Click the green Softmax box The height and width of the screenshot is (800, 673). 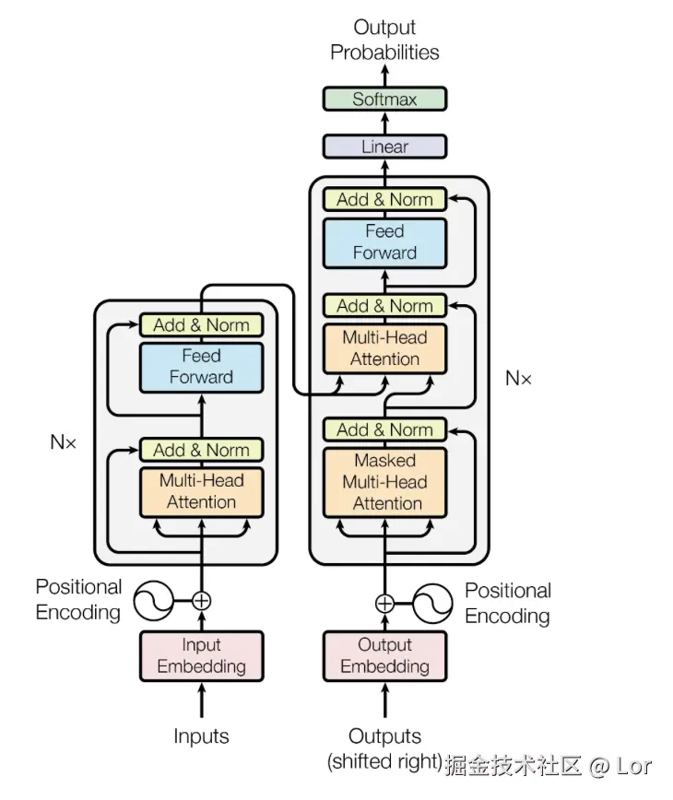click(384, 99)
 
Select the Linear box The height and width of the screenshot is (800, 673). click(384, 147)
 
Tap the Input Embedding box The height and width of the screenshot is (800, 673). click(202, 656)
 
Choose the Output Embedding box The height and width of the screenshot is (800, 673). click(384, 656)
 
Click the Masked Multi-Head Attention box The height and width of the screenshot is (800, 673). click(384, 483)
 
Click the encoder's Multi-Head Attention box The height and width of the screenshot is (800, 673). click(202, 492)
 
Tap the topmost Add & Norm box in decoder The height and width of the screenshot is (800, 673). click(384, 199)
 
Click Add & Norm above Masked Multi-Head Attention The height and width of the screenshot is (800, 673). click(384, 429)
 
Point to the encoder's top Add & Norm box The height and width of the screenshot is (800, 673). click(202, 325)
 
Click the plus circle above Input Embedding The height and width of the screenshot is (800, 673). click(202, 601)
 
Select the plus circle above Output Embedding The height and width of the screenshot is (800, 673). click(384, 604)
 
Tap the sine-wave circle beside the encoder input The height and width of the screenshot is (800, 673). click(153, 601)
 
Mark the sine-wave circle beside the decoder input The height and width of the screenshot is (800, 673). click(432, 604)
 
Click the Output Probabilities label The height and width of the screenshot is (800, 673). click(384, 40)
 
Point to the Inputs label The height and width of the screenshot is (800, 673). click(201, 736)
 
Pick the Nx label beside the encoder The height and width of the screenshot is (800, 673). click(64, 441)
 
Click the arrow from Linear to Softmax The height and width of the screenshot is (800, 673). click(384, 123)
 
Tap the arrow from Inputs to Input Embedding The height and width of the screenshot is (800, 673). click(202, 700)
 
